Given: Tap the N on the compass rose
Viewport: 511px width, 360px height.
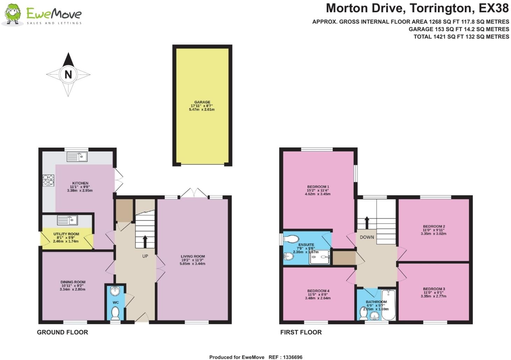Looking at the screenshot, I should point(68,74).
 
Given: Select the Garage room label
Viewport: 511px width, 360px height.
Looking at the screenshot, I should point(202,102).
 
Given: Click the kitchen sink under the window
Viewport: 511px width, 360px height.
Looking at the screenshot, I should point(77,157).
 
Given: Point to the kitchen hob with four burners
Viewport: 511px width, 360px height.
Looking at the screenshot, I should point(49,180).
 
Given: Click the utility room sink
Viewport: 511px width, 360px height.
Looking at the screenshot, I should point(67,220).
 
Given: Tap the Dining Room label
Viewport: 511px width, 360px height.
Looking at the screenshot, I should point(73,282).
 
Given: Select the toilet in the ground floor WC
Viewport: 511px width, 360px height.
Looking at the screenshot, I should point(115,313).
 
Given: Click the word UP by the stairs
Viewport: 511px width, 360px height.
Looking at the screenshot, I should point(145,256).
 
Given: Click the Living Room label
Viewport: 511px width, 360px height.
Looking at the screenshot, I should point(193,256).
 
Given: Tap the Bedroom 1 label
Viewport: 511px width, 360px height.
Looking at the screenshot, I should point(318,187).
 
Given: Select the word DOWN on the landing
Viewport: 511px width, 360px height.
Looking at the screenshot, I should point(367,237).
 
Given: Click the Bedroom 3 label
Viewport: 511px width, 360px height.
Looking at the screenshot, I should point(434,289).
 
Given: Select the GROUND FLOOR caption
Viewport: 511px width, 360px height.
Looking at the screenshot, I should point(63,332).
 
